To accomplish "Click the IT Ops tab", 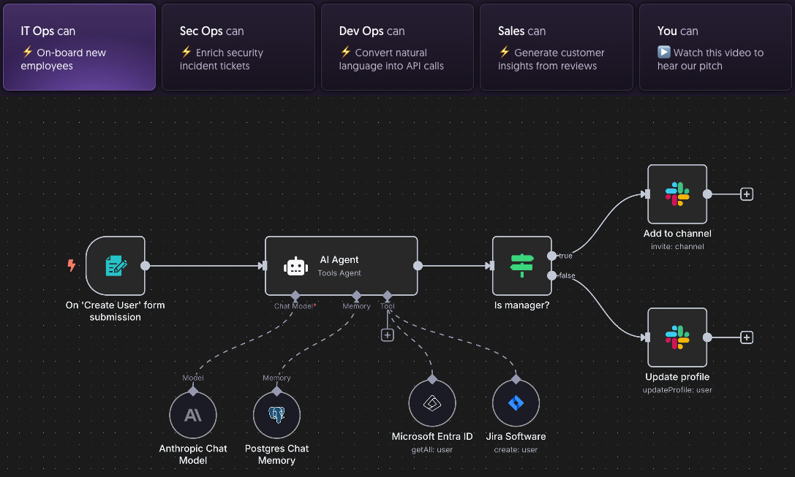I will coord(79,47).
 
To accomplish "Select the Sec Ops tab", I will coord(238,47).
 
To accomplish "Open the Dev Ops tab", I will coord(397,47).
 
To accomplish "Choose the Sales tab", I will coord(556,47).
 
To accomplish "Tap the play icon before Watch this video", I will coord(663,53).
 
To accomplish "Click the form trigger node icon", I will coord(115,266).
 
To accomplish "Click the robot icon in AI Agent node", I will coord(295,267).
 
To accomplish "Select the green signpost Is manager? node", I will coord(522,266).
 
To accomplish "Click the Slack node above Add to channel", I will coord(677,194).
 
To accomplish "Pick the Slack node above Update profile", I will coord(677,337).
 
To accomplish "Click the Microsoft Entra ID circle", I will coord(432,403).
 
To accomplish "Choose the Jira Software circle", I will coord(516,403).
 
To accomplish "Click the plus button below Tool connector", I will coord(388,335).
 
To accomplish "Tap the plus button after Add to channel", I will coord(747,194).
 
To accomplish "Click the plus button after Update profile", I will coord(747,337).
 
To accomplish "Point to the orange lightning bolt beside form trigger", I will coord(72,266).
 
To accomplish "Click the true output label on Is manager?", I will coord(565,256).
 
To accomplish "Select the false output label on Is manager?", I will coord(566,275).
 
